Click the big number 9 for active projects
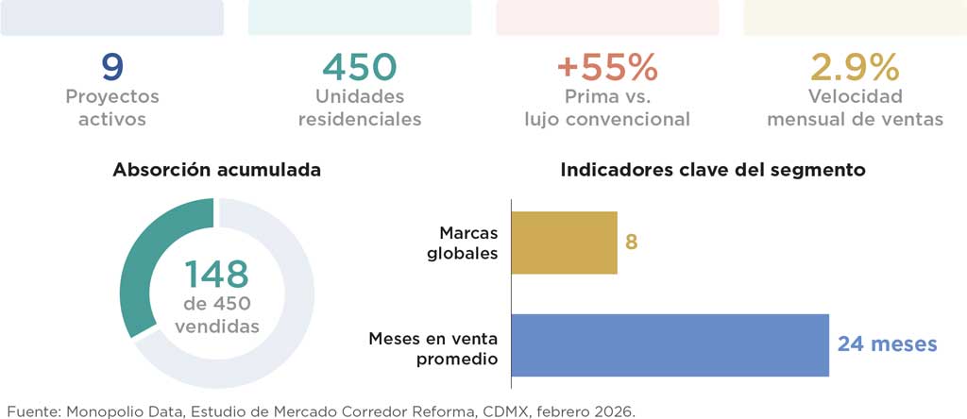point(112,67)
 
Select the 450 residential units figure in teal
point(360,67)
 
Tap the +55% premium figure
point(607,67)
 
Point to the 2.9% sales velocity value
point(855,67)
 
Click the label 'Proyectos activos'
point(112,108)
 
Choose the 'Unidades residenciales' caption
point(360,108)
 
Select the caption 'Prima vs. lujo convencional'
point(607,108)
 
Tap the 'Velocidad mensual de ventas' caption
point(855,108)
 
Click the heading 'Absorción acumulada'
point(216,170)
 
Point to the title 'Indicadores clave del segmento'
point(713,170)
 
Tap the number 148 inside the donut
point(216,275)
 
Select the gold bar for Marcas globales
point(565,243)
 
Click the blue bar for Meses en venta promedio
point(670,345)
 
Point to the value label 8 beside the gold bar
point(632,243)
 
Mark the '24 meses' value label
point(887,344)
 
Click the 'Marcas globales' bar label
point(463,243)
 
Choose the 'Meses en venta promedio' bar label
point(433,349)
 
